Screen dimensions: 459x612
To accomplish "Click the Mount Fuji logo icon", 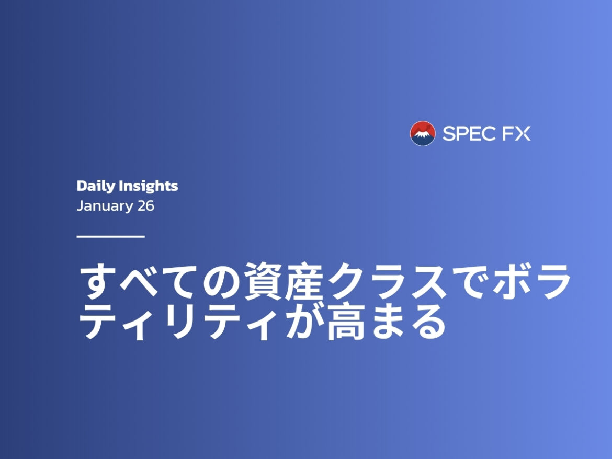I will pyautogui.click(x=423, y=133).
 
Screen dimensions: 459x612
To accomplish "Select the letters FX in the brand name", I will pyautogui.click(x=516, y=134).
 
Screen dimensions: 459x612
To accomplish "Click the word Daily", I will pyautogui.click(x=96, y=186).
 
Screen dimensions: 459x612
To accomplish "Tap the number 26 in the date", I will pyautogui.click(x=146, y=206).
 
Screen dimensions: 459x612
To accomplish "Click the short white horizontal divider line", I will pyautogui.click(x=110, y=236).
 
